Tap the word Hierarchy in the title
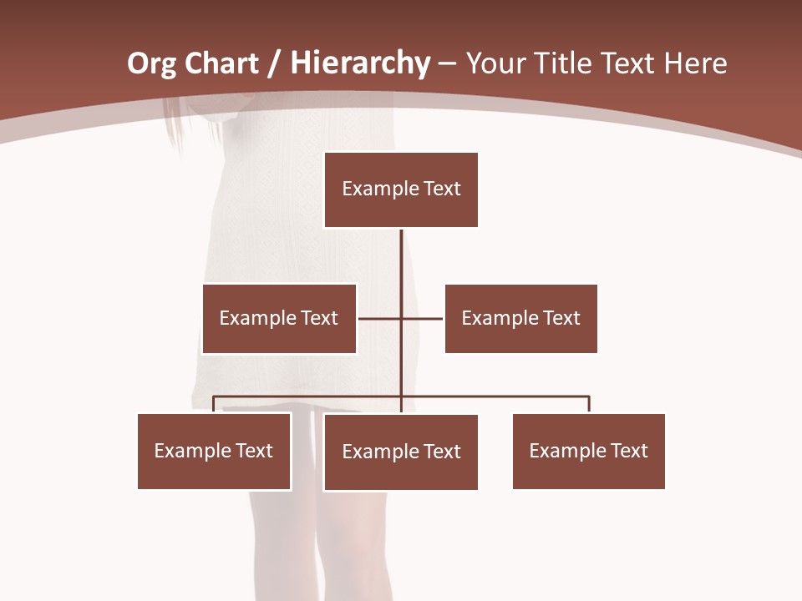tap(360, 63)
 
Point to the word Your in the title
tap(495, 63)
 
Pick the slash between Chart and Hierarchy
tap(274, 64)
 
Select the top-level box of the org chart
tap(401, 189)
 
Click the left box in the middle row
tap(279, 318)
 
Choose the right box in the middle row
tap(520, 318)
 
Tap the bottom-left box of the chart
tap(214, 451)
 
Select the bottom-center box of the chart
tap(401, 452)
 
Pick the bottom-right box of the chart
tap(589, 451)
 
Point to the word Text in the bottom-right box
tap(629, 451)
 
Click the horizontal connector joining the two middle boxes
tap(422, 318)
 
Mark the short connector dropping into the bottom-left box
tap(214, 404)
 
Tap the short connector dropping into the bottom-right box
tap(589, 404)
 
